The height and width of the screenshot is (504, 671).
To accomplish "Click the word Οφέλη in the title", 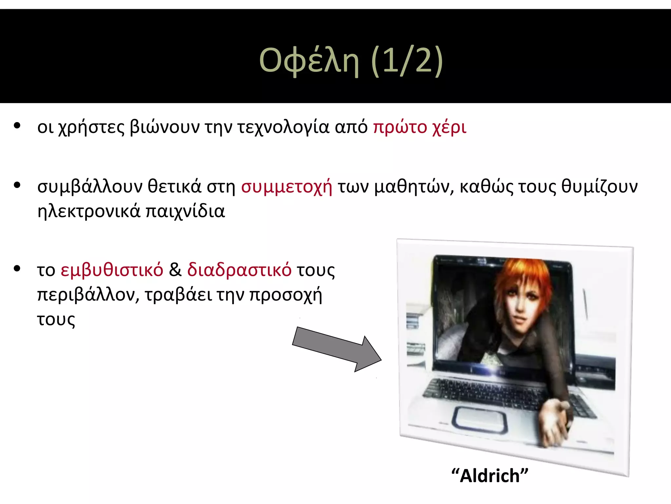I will pyautogui.click(x=309, y=61).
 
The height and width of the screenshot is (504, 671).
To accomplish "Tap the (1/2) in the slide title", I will pyautogui.click(x=407, y=61).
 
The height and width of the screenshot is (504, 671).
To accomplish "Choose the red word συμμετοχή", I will pyautogui.click(x=287, y=187).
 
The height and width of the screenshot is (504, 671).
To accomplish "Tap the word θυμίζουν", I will pyautogui.click(x=600, y=187).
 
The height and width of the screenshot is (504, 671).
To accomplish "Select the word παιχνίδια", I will pyautogui.click(x=185, y=211).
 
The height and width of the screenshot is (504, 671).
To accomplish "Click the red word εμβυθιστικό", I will pyautogui.click(x=112, y=270).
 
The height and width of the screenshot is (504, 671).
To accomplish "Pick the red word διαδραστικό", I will pyautogui.click(x=239, y=270).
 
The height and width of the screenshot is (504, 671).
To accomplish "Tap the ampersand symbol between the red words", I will pyautogui.click(x=175, y=270).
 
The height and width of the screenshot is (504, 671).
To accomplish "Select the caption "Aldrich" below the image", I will pyautogui.click(x=490, y=475).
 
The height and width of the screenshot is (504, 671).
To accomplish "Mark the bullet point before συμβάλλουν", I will pyautogui.click(x=17, y=185).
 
